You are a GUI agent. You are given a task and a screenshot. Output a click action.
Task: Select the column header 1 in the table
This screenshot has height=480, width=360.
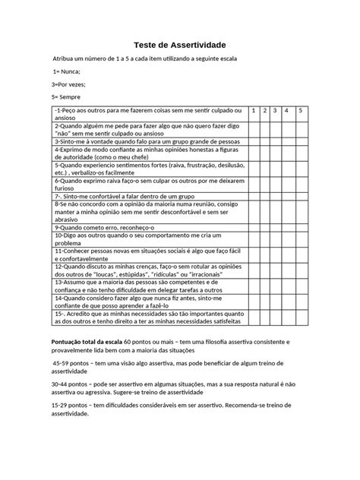point(256,111)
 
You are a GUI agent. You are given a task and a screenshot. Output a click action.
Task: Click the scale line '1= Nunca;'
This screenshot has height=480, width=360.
point(66,71)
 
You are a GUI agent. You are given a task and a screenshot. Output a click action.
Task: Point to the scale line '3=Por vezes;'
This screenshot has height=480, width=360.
point(71,84)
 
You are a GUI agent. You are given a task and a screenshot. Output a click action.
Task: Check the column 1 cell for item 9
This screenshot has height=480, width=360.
point(256,226)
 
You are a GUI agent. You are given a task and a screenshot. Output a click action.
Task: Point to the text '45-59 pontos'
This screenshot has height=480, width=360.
point(73,364)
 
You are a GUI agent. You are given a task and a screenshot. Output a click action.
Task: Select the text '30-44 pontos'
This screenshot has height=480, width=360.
point(71,384)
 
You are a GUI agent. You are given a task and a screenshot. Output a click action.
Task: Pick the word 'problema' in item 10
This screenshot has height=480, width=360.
point(71,244)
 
